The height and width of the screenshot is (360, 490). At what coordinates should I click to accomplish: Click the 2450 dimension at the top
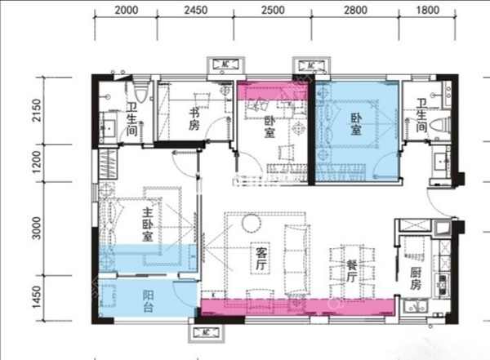click(196, 10)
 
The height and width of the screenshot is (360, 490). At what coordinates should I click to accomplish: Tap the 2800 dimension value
click(355, 10)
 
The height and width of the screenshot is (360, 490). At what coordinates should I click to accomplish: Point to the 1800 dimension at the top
click(428, 10)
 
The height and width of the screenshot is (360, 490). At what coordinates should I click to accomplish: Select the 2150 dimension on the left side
click(37, 110)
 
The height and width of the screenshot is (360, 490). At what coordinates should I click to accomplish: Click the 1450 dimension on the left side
click(37, 296)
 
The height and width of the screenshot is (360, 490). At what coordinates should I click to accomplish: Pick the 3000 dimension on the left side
click(37, 228)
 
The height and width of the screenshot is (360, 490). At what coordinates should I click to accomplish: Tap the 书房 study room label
click(194, 119)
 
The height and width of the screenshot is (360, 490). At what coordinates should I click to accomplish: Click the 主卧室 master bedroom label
click(148, 224)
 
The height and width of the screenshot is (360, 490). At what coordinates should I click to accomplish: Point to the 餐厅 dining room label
click(352, 271)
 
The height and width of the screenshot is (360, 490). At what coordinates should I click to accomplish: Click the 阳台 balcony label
click(148, 301)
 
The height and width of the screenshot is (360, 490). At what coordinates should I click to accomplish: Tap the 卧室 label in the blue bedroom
click(356, 124)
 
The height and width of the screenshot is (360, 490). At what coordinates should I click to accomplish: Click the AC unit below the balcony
click(206, 332)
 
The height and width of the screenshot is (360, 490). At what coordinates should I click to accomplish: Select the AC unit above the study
click(225, 64)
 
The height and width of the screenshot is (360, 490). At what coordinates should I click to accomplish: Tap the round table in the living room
click(251, 223)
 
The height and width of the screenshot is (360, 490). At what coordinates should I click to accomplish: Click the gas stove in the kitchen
click(443, 284)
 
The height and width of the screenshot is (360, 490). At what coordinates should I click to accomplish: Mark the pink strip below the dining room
click(297, 307)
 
